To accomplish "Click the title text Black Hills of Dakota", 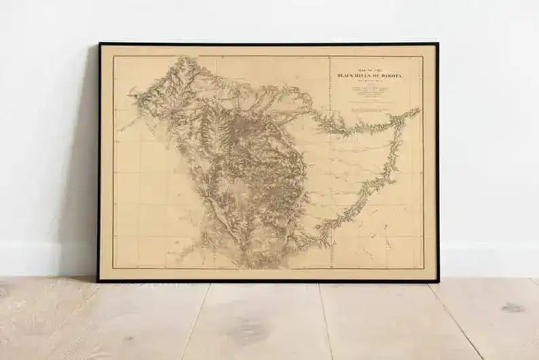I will click(369, 76).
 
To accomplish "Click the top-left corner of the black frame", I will click(99, 43).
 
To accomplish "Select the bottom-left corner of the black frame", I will click(98, 281).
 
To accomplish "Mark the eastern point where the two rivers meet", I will click(415, 110).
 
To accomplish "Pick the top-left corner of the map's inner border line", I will click(113, 56).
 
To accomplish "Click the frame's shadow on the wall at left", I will click(87, 163).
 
